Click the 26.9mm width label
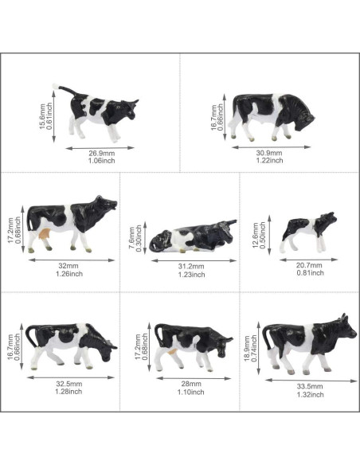pos(100,152)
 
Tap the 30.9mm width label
pos(270,151)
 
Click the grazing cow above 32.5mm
pos(72,344)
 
